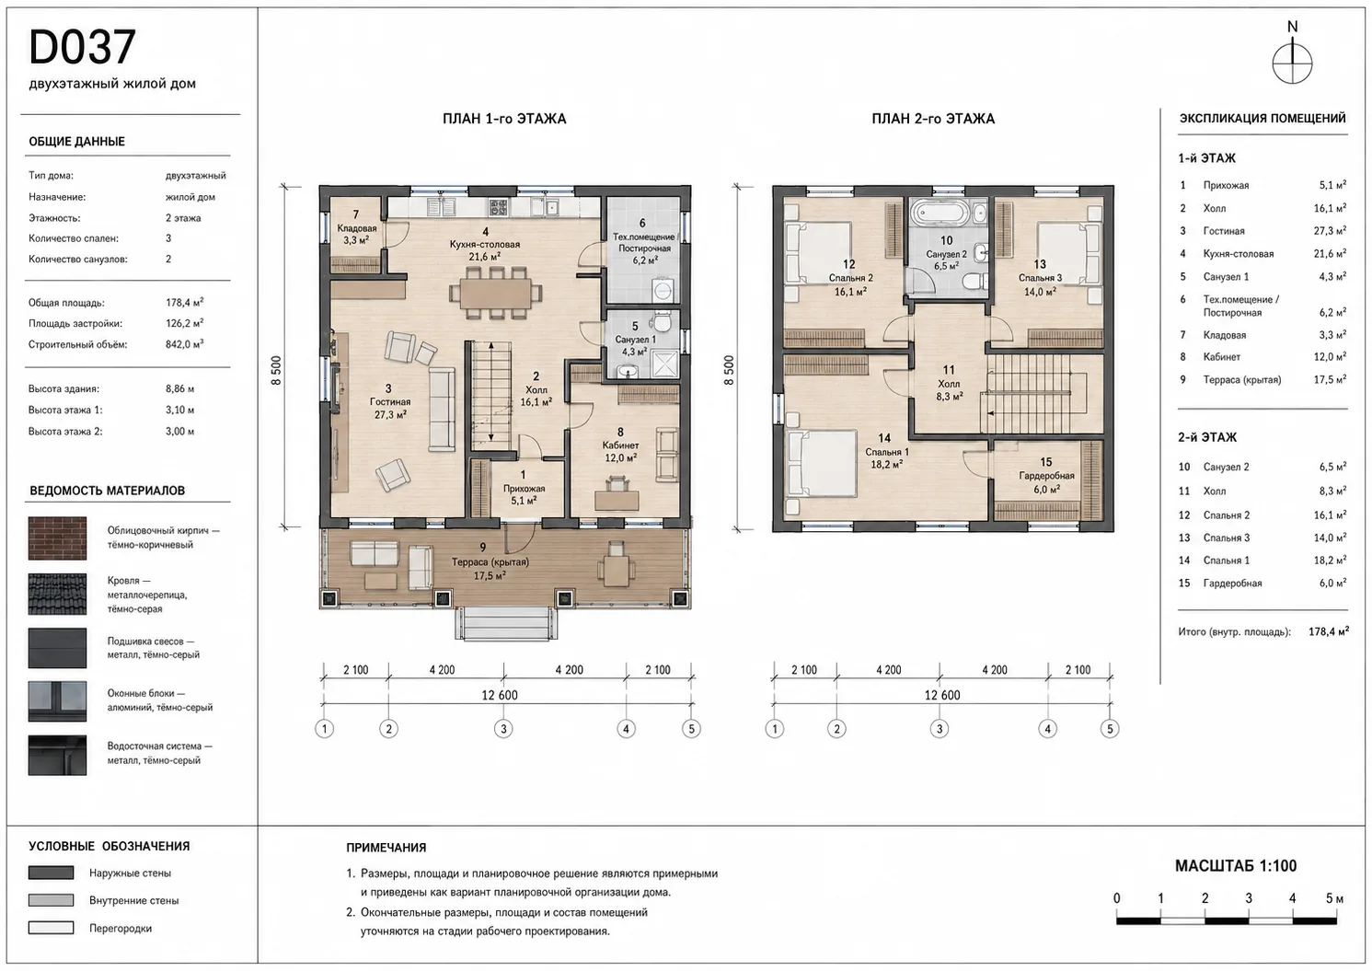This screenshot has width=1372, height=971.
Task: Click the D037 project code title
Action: (x=82, y=47)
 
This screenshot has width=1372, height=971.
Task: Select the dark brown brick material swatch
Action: (x=57, y=538)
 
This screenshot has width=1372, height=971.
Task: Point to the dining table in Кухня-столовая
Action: (x=495, y=293)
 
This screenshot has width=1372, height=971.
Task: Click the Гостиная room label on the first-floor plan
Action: (x=390, y=402)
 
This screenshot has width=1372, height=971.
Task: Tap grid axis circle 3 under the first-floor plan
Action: (x=503, y=729)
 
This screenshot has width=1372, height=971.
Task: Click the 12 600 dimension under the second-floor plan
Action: (x=942, y=695)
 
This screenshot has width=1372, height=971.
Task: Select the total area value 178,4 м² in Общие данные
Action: (x=184, y=303)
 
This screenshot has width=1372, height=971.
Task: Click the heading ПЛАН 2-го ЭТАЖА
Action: (x=933, y=119)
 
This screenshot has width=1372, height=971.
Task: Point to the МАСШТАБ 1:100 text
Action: (x=1236, y=866)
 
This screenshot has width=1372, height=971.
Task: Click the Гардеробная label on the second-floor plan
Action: (x=1046, y=476)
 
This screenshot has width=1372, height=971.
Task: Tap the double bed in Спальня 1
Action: (x=822, y=463)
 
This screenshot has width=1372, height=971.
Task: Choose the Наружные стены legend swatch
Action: (x=51, y=873)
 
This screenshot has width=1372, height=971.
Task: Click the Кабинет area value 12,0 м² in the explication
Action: (x=1330, y=357)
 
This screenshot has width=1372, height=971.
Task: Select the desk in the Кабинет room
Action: (x=617, y=501)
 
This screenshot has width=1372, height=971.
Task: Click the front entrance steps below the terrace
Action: (x=506, y=624)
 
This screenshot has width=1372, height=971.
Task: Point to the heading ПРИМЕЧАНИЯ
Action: (x=386, y=848)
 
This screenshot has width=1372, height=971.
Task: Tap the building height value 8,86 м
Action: (x=179, y=389)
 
